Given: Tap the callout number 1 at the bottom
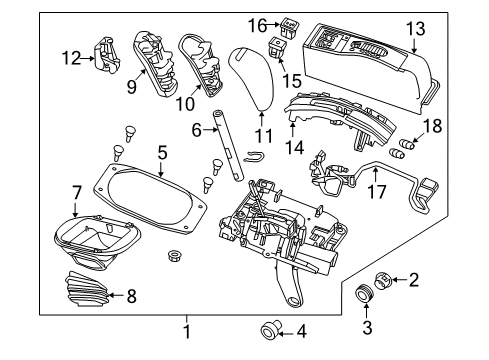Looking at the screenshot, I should tap(187, 329).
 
